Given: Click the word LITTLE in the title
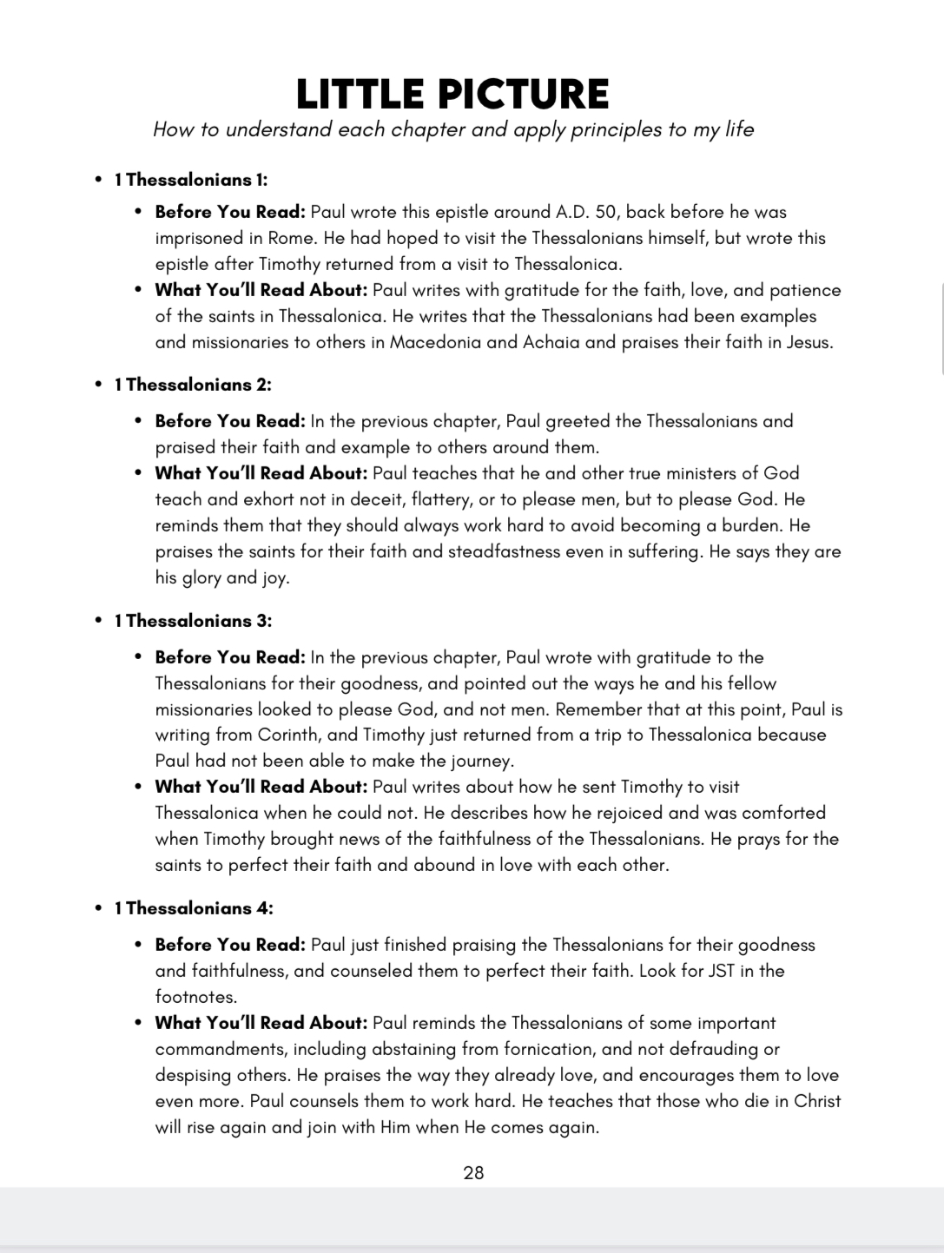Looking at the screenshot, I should [359, 94].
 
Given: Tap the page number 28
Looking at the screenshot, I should [473, 1173].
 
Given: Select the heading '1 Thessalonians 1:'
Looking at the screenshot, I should [191, 180].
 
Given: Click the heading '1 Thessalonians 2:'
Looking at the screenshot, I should [193, 385].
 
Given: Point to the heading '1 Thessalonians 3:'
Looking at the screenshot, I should [193, 621].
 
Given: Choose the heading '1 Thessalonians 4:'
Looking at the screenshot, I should [194, 908].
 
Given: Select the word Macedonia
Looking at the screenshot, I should [435, 342].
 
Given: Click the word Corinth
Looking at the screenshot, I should [288, 735].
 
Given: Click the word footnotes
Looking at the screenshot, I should [195, 997].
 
